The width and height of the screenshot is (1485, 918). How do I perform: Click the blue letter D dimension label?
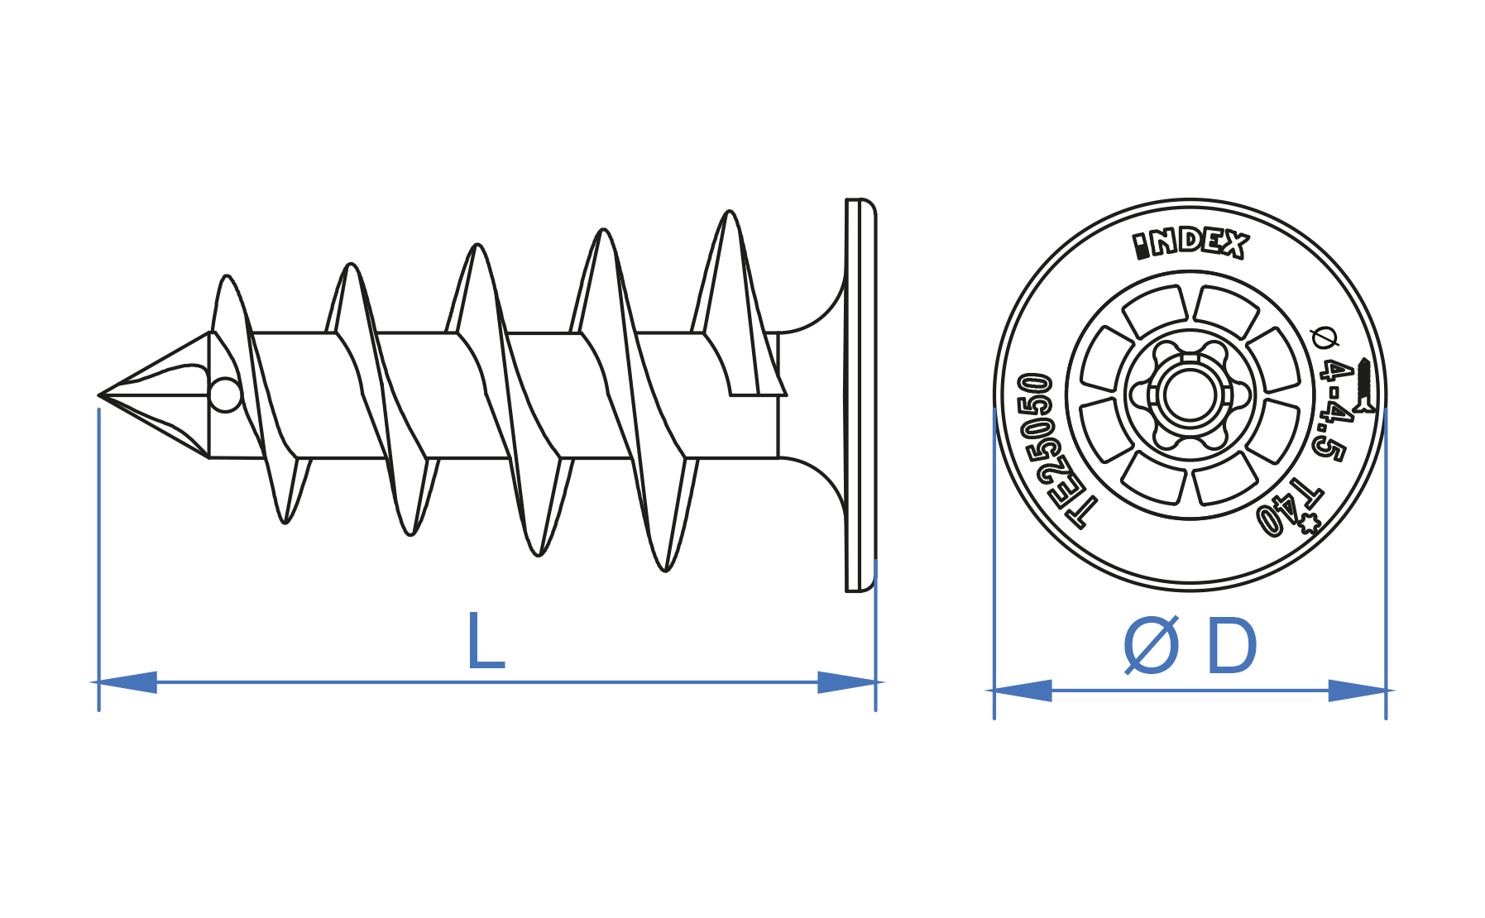[x=1232, y=648]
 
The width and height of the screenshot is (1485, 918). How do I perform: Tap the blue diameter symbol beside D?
[x=1151, y=648]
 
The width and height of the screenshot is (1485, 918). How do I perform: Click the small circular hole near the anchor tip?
[x=225, y=394]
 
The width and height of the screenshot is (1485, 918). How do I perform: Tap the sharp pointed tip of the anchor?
[x=101, y=395]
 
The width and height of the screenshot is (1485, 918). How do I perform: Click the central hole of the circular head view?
[x=1190, y=395]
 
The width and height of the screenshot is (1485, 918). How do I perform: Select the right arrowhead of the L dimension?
[x=847, y=682]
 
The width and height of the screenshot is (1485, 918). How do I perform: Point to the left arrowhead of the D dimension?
[x=1023, y=691]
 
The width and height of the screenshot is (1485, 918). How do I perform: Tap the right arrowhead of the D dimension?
[x=1358, y=691]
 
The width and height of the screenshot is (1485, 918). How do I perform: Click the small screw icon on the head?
[x=1364, y=384]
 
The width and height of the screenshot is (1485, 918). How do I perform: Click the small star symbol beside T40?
[x=1308, y=523]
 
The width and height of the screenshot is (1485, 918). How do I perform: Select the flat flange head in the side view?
[x=860, y=395]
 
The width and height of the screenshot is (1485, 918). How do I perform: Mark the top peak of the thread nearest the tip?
[x=227, y=278]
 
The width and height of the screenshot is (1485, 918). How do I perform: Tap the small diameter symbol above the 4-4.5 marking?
[x=1325, y=337]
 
